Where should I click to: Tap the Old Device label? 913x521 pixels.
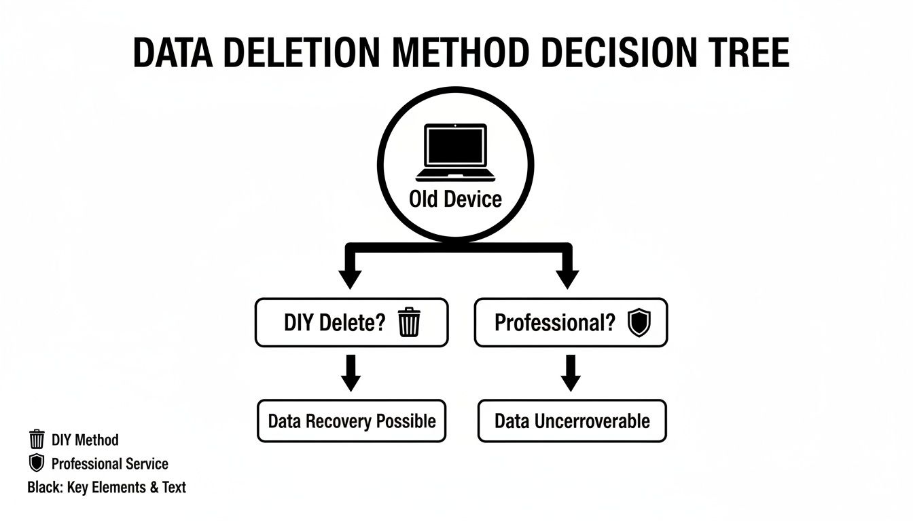click(x=455, y=199)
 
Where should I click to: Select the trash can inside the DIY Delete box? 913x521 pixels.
click(x=409, y=322)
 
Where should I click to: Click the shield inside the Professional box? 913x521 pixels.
click(x=639, y=322)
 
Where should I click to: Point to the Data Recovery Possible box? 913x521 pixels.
click(x=352, y=421)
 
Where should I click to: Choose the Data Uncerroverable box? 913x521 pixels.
click(x=572, y=421)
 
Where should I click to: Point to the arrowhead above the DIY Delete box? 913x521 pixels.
click(x=351, y=278)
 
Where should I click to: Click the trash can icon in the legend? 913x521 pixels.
click(x=37, y=440)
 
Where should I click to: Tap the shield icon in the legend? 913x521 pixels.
click(x=37, y=464)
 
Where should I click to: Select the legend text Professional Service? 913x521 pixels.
click(x=109, y=464)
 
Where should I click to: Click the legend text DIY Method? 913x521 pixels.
click(x=85, y=440)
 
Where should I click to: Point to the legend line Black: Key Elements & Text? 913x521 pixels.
click(x=107, y=487)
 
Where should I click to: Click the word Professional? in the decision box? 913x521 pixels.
click(x=554, y=322)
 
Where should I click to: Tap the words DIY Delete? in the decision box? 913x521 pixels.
click(x=334, y=322)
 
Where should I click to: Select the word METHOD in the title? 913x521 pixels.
click(x=462, y=52)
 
